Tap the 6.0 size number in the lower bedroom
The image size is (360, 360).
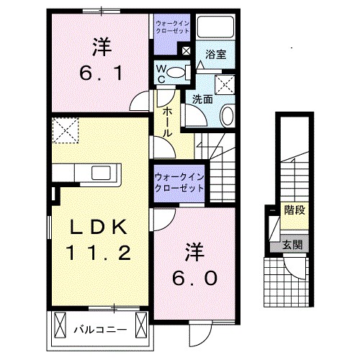pos(193,276)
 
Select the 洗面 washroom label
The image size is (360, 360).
pos(202,99)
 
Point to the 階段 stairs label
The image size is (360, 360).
pos(293,211)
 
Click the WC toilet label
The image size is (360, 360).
pos(163,74)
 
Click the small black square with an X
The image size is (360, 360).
pos(186,51)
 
